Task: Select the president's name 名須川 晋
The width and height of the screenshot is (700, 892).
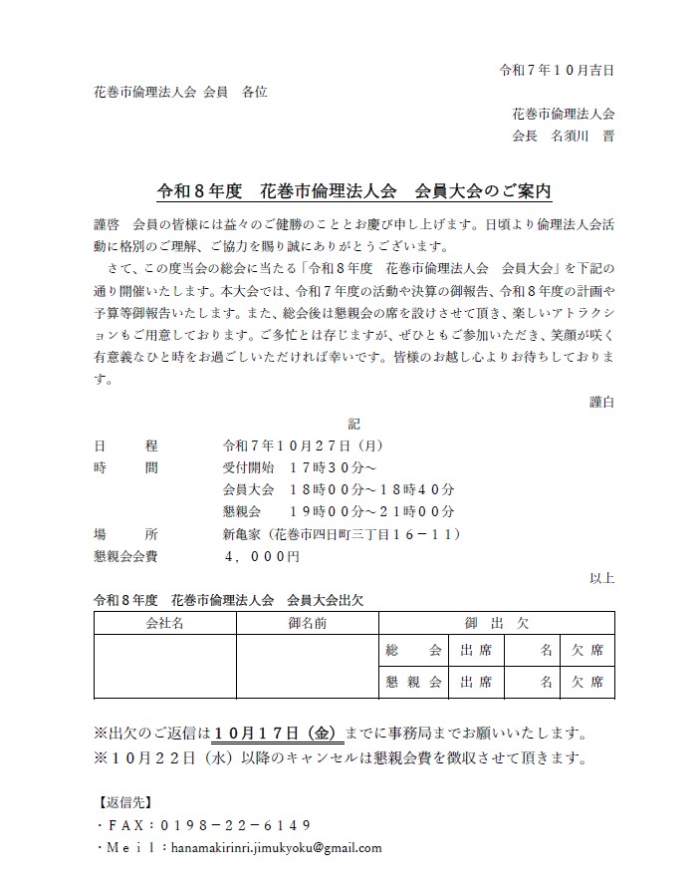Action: point(583,137)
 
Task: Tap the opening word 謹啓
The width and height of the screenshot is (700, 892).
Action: point(105,220)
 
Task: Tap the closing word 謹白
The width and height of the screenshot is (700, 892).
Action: point(601,401)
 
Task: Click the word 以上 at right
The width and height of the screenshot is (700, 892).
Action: point(601,578)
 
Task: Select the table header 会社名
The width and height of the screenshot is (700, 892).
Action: point(164,623)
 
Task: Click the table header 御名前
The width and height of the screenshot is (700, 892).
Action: point(307,623)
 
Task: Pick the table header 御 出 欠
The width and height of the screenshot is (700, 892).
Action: point(496,623)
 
